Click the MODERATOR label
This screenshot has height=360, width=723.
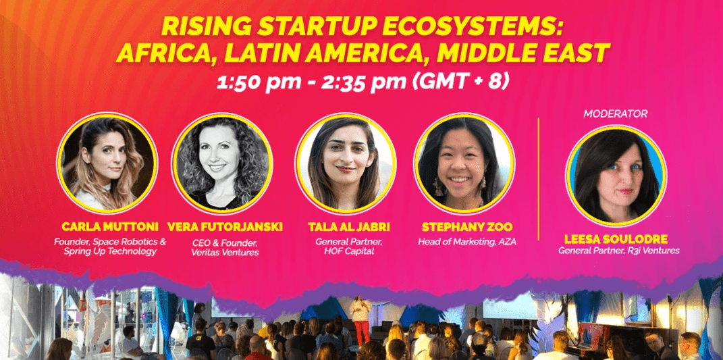pyautogui.click(x=615, y=113)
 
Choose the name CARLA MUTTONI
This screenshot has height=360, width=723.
pyautogui.click(x=109, y=227)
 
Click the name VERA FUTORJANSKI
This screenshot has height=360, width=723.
pyautogui.click(x=225, y=227)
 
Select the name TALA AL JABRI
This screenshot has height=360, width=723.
pyautogui.click(x=348, y=227)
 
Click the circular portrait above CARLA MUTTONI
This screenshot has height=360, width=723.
pyautogui.click(x=107, y=163)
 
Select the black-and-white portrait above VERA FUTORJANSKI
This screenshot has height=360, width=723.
pyautogui.click(x=222, y=163)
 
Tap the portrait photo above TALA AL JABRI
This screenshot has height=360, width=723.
pyautogui.click(x=346, y=163)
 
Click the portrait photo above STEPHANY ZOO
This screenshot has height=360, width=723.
pyautogui.click(x=464, y=163)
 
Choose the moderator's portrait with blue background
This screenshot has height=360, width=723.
pyautogui.click(x=616, y=176)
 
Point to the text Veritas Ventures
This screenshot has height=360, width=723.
pyautogui.click(x=225, y=253)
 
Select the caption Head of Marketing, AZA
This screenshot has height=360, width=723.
pyautogui.click(x=466, y=241)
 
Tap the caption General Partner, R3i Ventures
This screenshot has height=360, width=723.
pyautogui.click(x=618, y=251)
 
